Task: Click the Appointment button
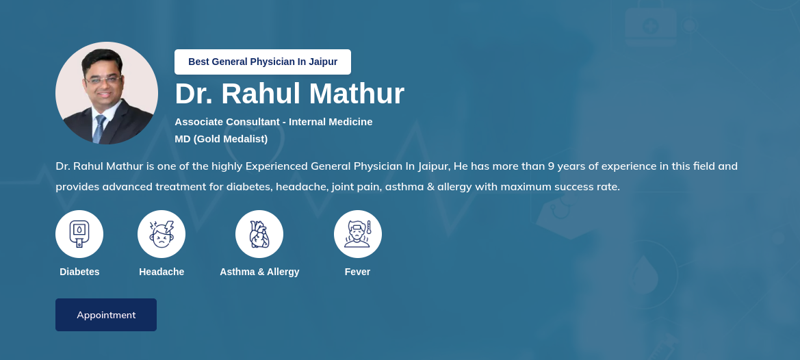pos(105,315)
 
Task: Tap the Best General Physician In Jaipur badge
pos(263,62)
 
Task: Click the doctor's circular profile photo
pos(107,93)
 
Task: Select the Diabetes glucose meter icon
pos(79,234)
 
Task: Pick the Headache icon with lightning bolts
pos(162,234)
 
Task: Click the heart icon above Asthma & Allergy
pos(259,234)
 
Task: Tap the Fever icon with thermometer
pos(358,234)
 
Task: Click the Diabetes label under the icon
pos(79,272)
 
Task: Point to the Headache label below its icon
pos(162,272)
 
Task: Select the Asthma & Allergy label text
pos(259,272)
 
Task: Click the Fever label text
pos(358,272)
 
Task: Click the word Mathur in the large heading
pos(357,94)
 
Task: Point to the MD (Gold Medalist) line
pos(221,139)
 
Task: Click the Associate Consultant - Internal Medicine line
pos(274,122)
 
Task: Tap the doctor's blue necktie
pos(99,129)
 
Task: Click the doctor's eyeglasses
pos(103,79)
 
